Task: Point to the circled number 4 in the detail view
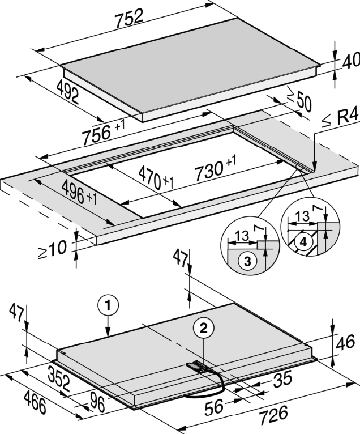coord(303,241)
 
